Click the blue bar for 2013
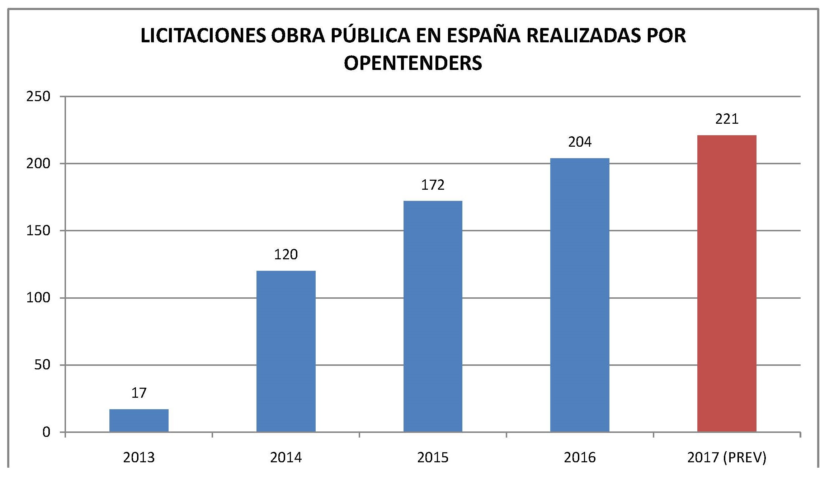pos(139,420)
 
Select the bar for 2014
pos(286,351)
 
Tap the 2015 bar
pos(433,316)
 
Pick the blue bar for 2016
pos(580,295)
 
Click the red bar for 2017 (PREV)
pos(727,283)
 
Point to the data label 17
pos(139,393)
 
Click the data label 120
pos(286,255)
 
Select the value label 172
pos(433,185)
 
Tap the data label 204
pos(580,142)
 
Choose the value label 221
pos(727,119)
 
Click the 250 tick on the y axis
pos(38,96)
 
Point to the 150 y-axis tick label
pos(38,231)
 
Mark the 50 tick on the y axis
pos(42,365)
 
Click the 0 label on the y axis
pos(46,432)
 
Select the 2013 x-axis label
pos(139,458)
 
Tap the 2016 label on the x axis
pos(580,458)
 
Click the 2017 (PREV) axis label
pos(727,458)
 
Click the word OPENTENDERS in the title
pos(413,63)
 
